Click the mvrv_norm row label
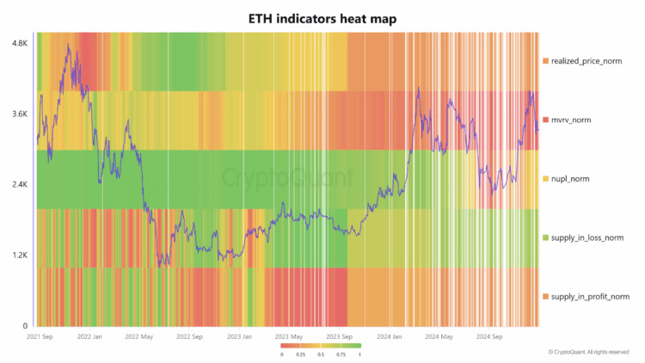coord(575,120)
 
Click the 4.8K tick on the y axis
coord(19,42)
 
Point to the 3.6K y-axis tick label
coord(19,114)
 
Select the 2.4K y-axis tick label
coord(19,184)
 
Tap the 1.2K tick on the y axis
coord(19,255)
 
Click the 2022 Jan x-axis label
coord(90,337)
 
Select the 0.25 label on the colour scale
coord(301,354)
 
